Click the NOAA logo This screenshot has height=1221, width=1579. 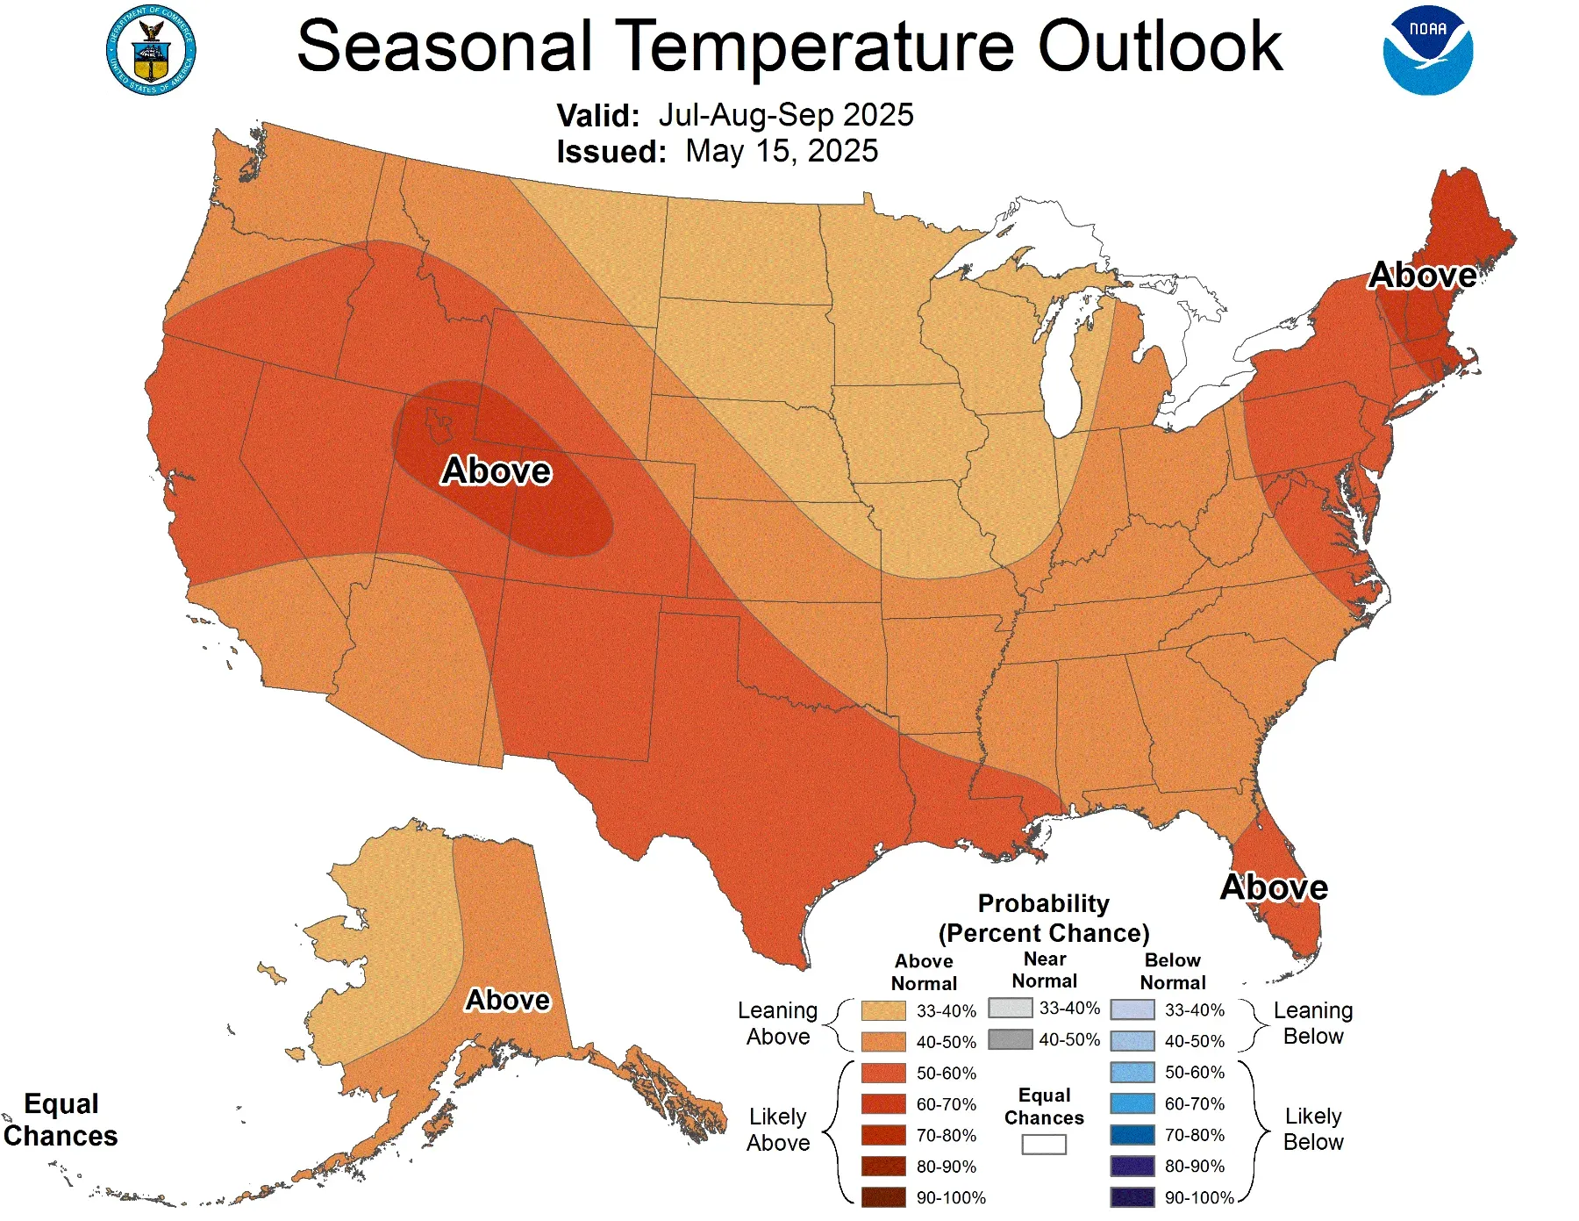click(1427, 50)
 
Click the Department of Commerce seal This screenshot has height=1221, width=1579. click(151, 50)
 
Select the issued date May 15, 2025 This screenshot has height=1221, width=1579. click(781, 151)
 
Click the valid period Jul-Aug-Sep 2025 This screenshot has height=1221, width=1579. click(785, 115)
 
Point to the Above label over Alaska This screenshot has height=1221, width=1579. click(507, 1000)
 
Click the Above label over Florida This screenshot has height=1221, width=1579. click(1274, 887)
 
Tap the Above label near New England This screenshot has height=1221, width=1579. click(1422, 276)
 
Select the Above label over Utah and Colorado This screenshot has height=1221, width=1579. click(496, 471)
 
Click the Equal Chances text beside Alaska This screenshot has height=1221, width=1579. click(61, 1119)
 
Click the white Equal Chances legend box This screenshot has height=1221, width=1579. click(1043, 1144)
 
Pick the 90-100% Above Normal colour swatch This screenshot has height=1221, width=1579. click(882, 1197)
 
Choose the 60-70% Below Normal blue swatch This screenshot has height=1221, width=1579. click(1132, 1103)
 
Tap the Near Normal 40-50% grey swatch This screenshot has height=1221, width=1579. click(1010, 1039)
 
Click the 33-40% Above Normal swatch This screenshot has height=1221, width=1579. click(882, 1010)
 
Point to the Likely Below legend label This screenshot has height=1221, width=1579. click(1312, 1129)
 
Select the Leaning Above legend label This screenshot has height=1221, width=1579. click(777, 1023)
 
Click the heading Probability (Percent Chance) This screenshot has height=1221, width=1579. click(1043, 918)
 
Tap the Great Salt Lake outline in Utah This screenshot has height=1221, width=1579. click(439, 424)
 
